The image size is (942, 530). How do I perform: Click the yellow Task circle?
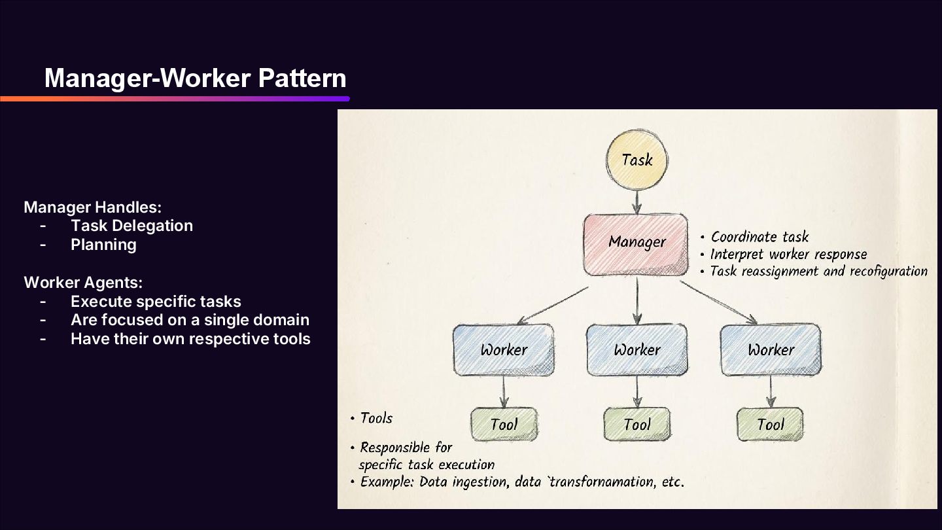[x=637, y=160]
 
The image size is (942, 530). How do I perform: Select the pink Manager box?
[x=636, y=243]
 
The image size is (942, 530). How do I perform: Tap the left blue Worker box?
[x=504, y=350]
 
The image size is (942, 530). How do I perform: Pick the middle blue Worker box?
[x=637, y=350]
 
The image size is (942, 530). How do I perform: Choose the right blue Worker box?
[x=771, y=350]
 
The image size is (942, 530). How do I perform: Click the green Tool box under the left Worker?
[x=504, y=425]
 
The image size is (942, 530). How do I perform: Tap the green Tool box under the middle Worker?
[x=637, y=425]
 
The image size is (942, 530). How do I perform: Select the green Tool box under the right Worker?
[x=770, y=425]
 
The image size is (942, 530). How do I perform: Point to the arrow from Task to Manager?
[x=637, y=200]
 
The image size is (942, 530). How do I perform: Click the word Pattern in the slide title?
[x=302, y=79]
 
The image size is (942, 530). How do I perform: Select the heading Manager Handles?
[x=92, y=207]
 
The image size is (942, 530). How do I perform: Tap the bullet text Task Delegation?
[x=131, y=226]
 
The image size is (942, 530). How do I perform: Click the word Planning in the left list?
[x=103, y=245]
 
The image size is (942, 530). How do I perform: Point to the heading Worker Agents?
[x=83, y=283]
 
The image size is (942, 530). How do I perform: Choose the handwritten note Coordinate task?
[x=759, y=237]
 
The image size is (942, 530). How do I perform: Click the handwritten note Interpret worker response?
[x=788, y=254]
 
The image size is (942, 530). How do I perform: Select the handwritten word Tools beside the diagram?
[x=376, y=418]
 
